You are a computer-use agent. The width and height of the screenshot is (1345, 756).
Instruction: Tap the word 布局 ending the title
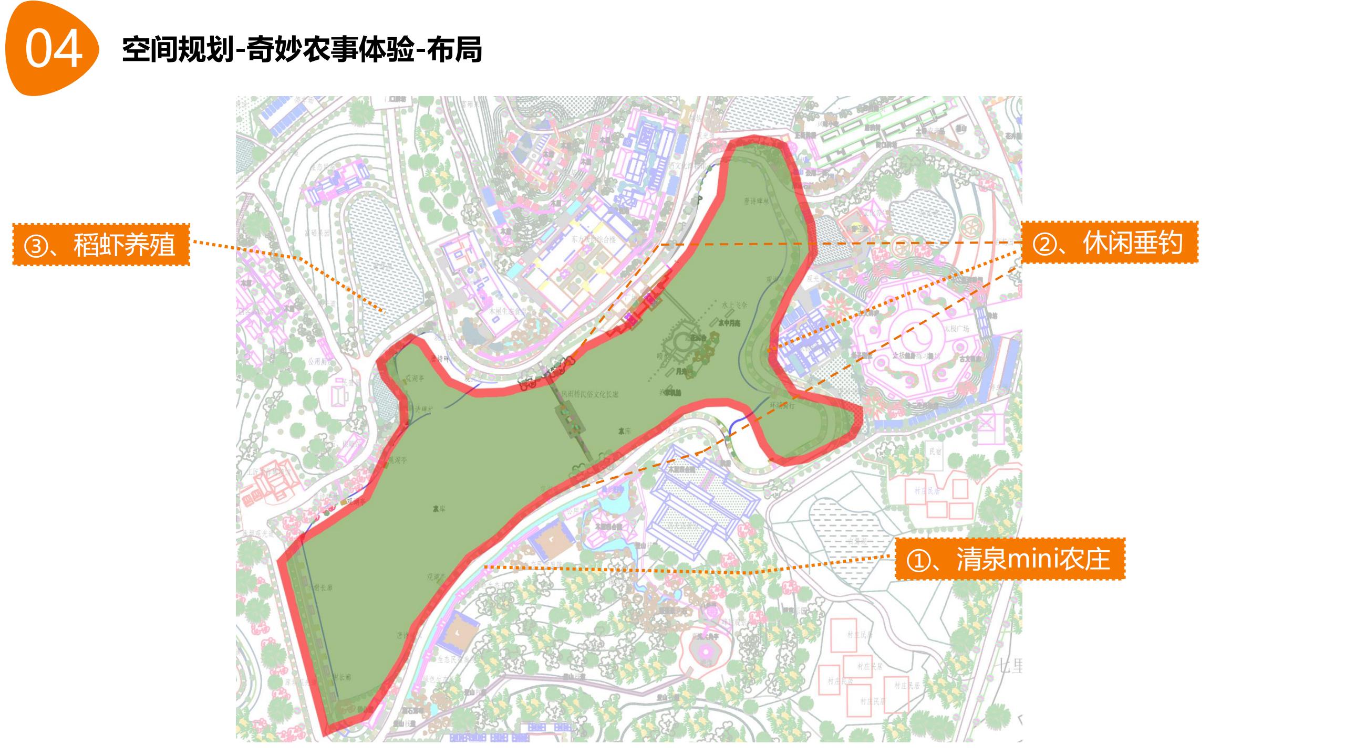(454, 50)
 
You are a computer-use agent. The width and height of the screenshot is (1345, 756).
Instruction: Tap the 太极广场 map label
(957, 329)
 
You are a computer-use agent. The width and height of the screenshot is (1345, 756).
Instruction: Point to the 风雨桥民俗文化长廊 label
(589, 394)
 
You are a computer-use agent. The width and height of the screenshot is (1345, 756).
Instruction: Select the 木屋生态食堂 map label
(507, 311)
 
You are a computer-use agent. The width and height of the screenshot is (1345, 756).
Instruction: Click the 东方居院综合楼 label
(594, 239)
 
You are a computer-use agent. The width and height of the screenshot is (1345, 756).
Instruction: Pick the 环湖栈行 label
(782, 405)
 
